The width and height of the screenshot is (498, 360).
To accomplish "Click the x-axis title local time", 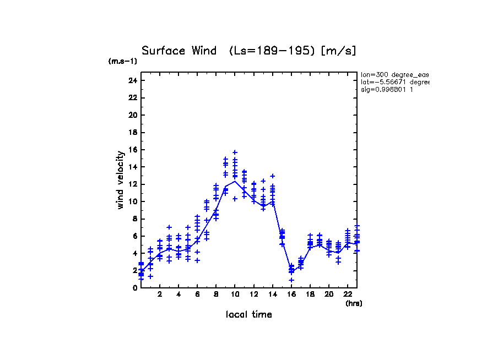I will [249, 314].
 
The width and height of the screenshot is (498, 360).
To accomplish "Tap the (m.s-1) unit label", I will [123, 61].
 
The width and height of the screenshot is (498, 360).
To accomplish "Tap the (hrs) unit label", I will [354, 303].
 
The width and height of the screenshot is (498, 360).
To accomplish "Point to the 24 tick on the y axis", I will [132, 80].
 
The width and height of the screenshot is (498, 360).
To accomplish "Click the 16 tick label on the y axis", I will [132, 150].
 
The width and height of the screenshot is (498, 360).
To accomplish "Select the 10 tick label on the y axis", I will [132, 201].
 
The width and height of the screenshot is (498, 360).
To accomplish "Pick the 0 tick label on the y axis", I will [134, 288].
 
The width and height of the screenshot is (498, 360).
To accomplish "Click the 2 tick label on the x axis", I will [160, 294].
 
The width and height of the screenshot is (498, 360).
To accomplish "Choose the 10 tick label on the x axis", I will [235, 294].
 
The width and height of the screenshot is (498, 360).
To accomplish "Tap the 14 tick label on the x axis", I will [272, 294].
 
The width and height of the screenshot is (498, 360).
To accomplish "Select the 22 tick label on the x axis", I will [348, 294].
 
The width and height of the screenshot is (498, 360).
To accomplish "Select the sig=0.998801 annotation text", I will [387, 89].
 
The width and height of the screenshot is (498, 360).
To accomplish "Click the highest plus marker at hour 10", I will [235, 152].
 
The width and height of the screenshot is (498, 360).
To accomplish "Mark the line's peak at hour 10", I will [235, 181].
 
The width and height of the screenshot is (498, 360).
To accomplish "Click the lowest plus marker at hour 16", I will [291, 280].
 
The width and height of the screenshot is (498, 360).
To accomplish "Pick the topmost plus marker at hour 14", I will [272, 176].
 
